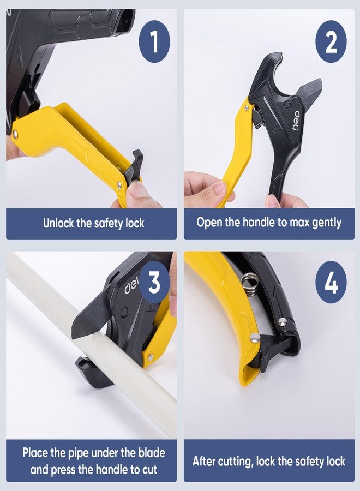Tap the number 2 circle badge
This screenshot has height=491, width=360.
coord(331,41)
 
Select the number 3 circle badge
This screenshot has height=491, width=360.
coord(154,283)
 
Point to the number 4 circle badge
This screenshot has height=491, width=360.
coord(331,283)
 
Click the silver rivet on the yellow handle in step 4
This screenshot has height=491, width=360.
coord(254,338)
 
